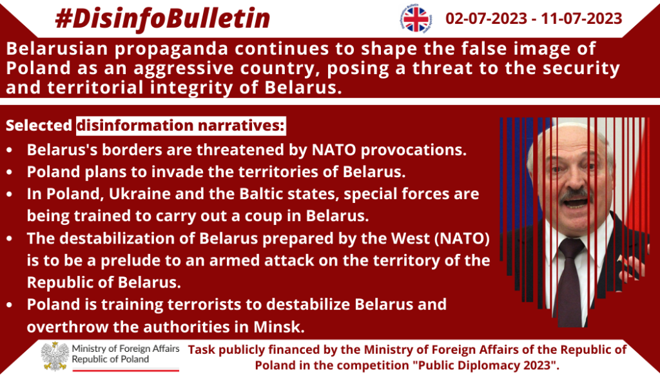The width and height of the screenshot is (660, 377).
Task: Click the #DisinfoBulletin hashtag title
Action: click(x=162, y=19)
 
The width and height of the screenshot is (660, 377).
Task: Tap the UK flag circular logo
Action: click(x=416, y=19)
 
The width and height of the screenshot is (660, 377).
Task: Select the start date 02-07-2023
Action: click(x=486, y=19)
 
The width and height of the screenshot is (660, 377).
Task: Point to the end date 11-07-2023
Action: click(x=582, y=19)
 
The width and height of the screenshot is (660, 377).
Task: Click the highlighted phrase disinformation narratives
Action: click(x=181, y=126)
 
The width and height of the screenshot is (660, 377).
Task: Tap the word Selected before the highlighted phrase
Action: click(x=39, y=126)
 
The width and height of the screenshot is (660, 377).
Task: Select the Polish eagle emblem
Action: click(x=55, y=356)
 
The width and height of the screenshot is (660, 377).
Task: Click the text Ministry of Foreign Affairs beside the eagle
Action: click(x=126, y=349)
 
